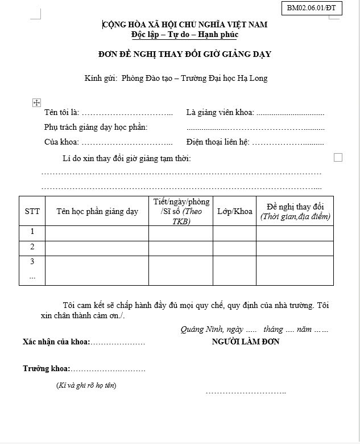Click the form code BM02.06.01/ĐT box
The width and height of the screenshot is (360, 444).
(311, 8)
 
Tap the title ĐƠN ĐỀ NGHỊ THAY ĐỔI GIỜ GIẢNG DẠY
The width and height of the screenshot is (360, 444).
(184, 54)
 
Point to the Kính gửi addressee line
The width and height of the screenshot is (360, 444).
(176, 78)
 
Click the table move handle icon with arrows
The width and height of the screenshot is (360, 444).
(36, 102)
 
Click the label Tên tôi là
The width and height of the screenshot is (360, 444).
(61, 112)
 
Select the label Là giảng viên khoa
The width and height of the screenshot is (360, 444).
(220, 112)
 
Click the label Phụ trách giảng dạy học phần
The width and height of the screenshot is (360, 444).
(96, 127)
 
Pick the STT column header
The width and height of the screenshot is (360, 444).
(32, 211)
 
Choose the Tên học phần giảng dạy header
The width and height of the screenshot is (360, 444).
(97, 211)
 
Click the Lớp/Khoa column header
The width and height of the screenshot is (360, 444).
(234, 211)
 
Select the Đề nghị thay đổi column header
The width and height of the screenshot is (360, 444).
(295, 211)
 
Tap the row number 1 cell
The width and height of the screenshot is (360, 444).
(32, 232)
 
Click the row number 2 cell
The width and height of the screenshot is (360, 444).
(32, 248)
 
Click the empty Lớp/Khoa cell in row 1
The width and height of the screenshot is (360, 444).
(234, 233)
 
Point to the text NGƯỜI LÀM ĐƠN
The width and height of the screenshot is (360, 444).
(245, 342)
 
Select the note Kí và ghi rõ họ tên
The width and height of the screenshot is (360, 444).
(86, 385)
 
